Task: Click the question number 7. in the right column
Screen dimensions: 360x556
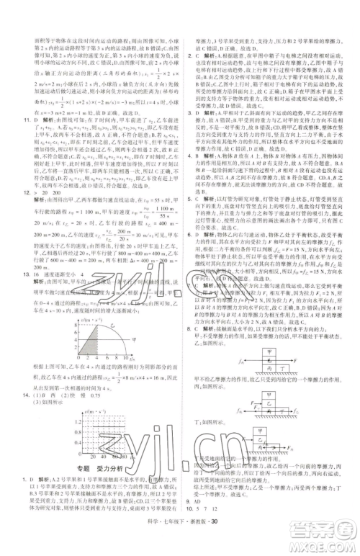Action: click(x=188, y=285)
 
